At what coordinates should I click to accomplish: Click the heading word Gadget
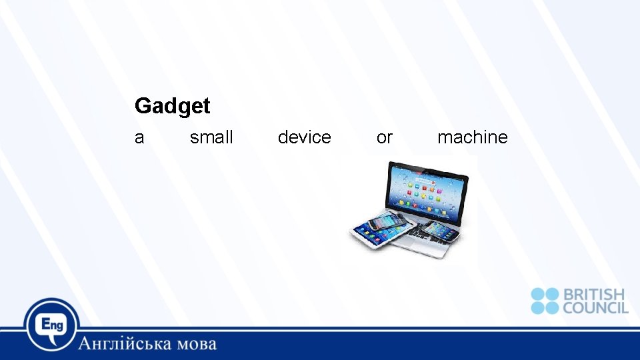click(172, 106)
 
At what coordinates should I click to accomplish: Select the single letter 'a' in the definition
click(139, 138)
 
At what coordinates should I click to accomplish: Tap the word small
click(211, 137)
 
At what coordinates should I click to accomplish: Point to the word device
click(304, 137)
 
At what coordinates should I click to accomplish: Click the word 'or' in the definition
click(385, 138)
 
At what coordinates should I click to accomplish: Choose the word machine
click(472, 137)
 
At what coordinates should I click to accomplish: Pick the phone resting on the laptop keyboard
click(440, 231)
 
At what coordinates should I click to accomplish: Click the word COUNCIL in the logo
click(595, 308)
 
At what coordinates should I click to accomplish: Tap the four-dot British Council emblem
click(545, 301)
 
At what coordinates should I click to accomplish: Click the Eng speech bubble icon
click(51, 325)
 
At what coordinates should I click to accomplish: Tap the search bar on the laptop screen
click(427, 180)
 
